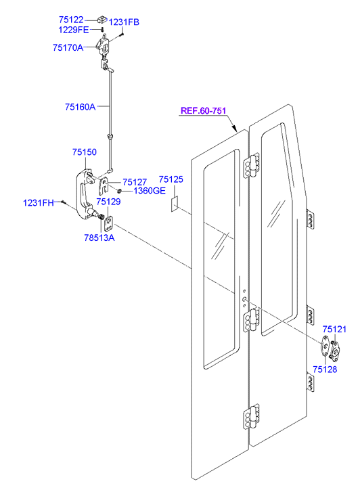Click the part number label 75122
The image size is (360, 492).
pos(71,20)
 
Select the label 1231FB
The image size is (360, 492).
pos(124,22)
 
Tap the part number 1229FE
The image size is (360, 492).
pos(74,30)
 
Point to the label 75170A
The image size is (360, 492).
pos(68,47)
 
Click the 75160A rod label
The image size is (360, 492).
pos(81,107)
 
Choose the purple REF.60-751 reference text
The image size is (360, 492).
pos(204,111)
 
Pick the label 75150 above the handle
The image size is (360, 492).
pos(85,152)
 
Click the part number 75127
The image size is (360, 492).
pos(135,182)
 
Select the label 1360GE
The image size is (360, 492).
pos(150,191)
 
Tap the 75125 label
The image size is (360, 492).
pos(171,179)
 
